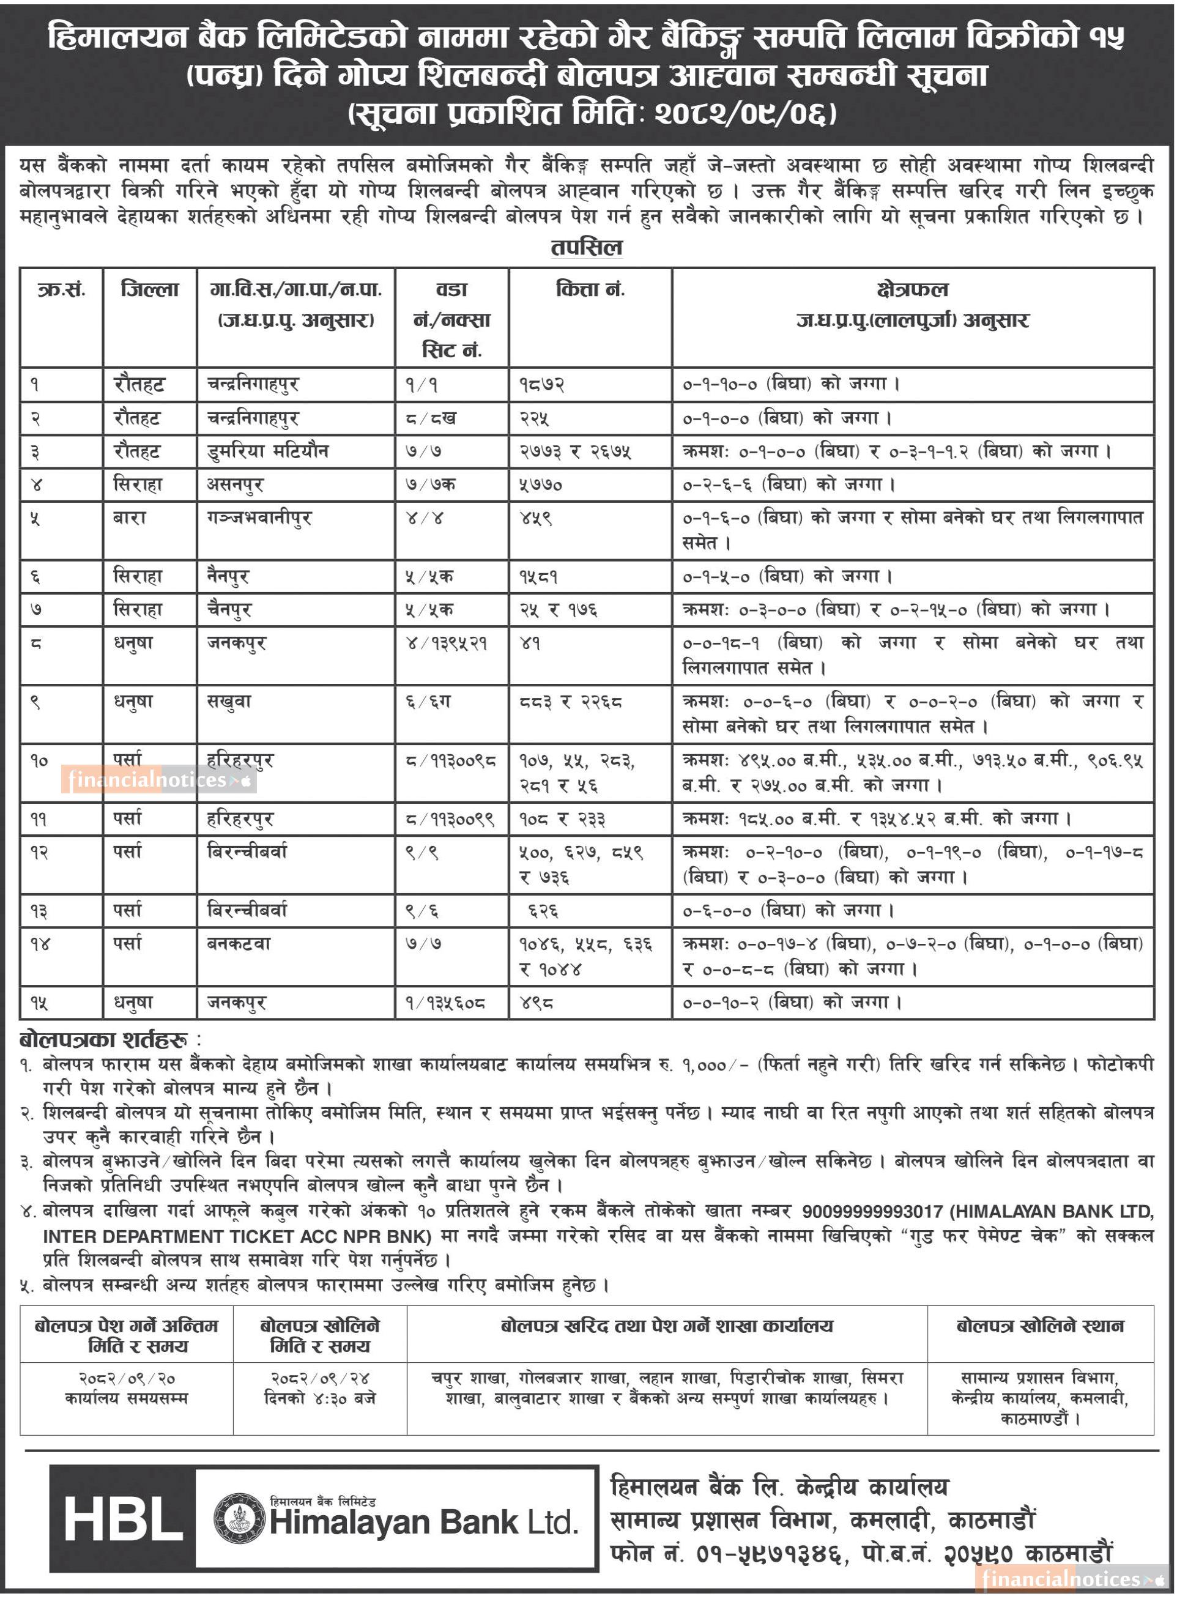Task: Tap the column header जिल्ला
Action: pos(150,290)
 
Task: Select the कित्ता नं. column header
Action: pos(590,290)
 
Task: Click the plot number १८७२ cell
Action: pos(542,385)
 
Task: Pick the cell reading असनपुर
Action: pos(236,485)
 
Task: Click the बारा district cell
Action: pos(130,518)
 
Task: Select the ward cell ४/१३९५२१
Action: pos(447,643)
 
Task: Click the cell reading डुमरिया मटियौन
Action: pos(268,451)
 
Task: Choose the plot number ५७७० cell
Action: pos(541,485)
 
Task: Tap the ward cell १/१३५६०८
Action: pos(446,1003)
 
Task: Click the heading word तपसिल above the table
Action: pos(587,248)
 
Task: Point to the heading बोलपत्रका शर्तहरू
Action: pos(104,1041)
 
